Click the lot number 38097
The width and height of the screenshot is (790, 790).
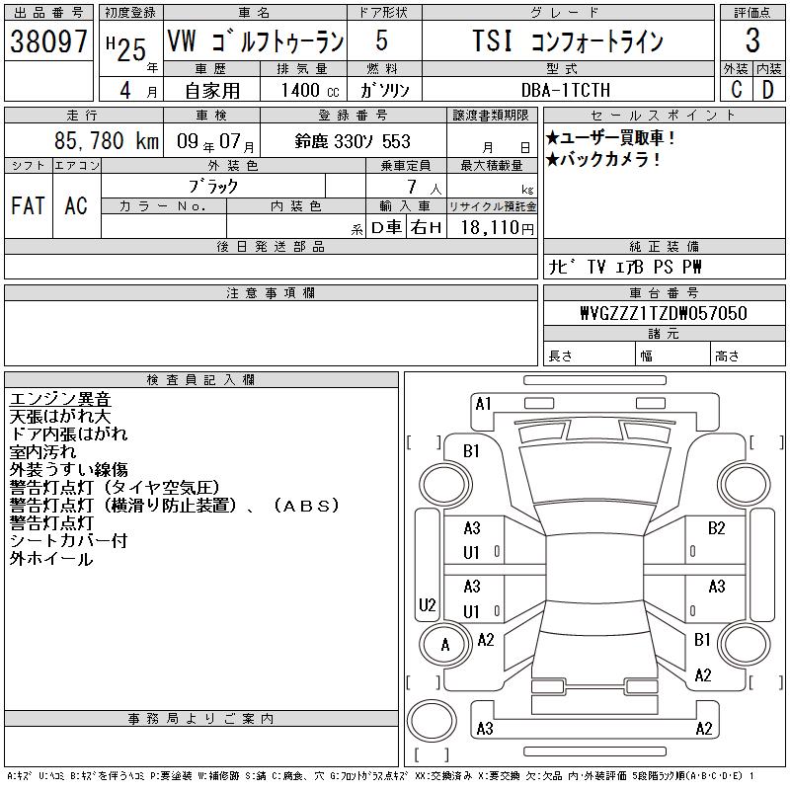pyautogui.click(x=48, y=41)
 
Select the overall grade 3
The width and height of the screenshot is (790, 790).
pyautogui.click(x=752, y=40)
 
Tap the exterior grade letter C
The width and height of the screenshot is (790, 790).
pyautogui.click(x=736, y=90)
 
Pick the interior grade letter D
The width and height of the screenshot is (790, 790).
pyautogui.click(x=767, y=90)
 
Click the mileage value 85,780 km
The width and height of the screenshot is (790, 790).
pyautogui.click(x=107, y=140)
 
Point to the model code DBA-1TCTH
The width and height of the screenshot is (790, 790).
pyautogui.click(x=566, y=90)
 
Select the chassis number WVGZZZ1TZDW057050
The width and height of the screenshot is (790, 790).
pyautogui.click(x=664, y=313)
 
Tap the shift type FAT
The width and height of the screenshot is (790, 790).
pyautogui.click(x=28, y=205)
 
